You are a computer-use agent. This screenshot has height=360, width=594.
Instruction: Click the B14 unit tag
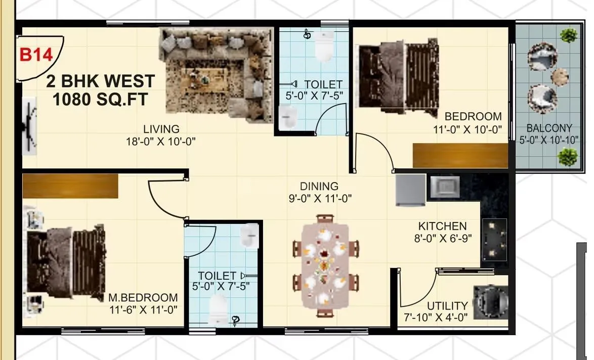(36, 55)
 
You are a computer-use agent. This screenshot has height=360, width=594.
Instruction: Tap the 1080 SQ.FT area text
(100, 99)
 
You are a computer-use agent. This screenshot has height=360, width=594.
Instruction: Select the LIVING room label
(160, 129)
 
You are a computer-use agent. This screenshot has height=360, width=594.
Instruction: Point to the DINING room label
(319, 187)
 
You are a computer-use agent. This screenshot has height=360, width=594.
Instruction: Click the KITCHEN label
(442, 226)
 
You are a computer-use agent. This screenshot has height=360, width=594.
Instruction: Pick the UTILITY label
(447, 306)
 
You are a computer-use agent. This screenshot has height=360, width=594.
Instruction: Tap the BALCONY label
(549, 128)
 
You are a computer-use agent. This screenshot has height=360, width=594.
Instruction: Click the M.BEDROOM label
(143, 297)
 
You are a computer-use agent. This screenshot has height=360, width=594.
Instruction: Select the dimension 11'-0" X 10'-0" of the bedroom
(467, 129)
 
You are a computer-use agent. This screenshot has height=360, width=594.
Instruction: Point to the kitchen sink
(444, 187)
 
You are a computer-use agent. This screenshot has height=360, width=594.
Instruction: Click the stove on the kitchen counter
(495, 240)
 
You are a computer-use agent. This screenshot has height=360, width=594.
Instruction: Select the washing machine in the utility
(490, 302)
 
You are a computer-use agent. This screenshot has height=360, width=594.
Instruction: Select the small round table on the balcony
(560, 76)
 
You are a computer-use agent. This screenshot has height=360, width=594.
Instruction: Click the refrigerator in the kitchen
(410, 190)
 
